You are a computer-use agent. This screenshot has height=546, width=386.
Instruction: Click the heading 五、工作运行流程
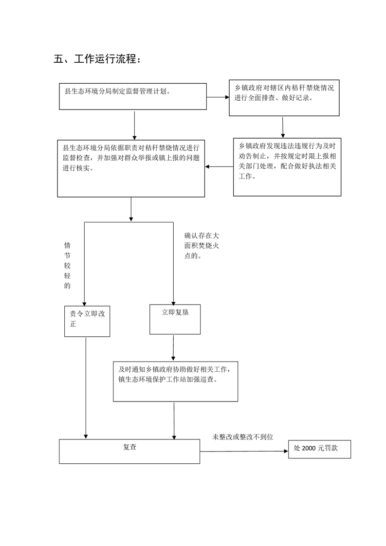(x=97, y=59)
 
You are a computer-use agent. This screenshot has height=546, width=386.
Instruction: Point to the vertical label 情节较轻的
(x=67, y=266)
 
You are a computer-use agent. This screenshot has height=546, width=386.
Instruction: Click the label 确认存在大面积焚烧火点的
(x=202, y=246)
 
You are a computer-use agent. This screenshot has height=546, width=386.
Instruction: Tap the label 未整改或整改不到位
(x=243, y=437)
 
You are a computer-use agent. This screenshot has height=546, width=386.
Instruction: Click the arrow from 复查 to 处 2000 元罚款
(x=244, y=451)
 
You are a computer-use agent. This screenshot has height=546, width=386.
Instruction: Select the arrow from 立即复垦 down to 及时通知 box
(x=173, y=348)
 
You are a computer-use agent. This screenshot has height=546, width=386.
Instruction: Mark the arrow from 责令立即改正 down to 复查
(x=86, y=388)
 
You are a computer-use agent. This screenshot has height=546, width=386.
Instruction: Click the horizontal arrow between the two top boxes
(x=218, y=97)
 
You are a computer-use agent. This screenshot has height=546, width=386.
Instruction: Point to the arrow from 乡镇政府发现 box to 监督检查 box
(x=219, y=167)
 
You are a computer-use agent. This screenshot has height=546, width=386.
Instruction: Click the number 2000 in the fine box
(x=309, y=448)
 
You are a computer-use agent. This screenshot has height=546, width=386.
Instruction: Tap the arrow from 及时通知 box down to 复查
(x=174, y=420)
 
